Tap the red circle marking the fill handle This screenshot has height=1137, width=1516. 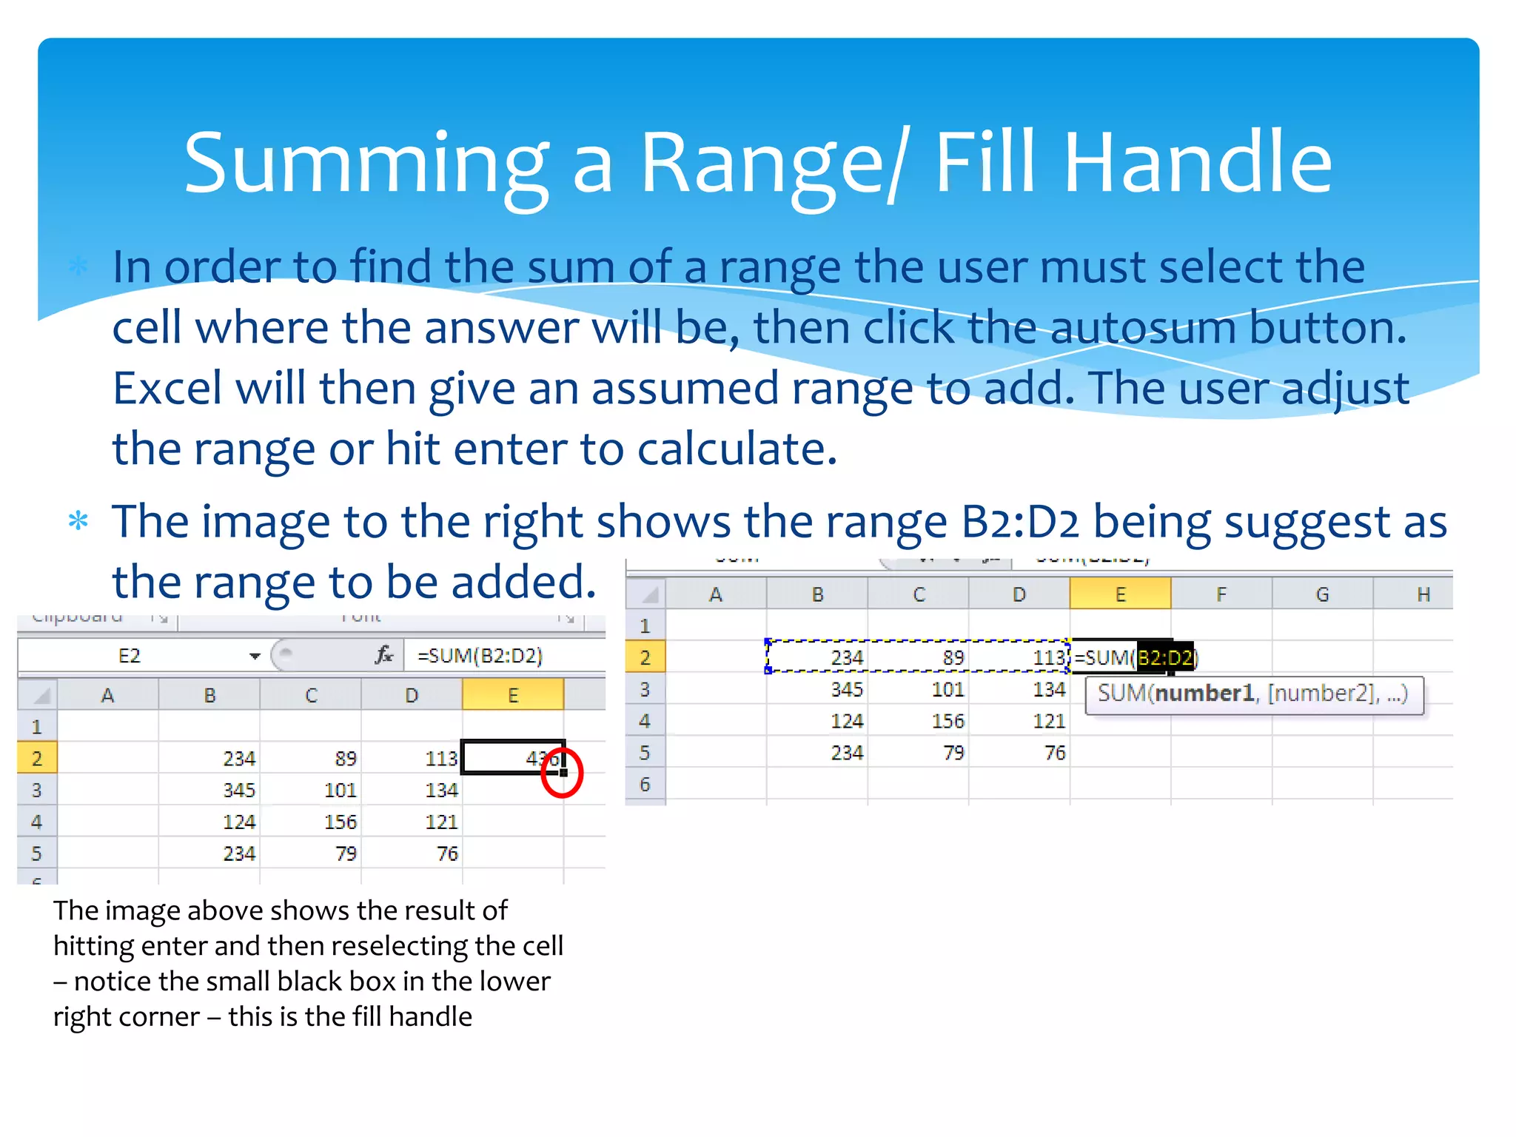pyautogui.click(x=562, y=773)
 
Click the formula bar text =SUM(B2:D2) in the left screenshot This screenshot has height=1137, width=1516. pyautogui.click(x=480, y=656)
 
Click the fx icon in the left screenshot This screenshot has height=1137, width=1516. pyautogui.click(x=384, y=655)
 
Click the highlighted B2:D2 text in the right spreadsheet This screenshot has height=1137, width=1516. pyautogui.click(x=1164, y=657)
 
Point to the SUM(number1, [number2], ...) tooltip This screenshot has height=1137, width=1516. pyautogui.click(x=1253, y=694)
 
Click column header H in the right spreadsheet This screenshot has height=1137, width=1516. pyautogui.click(x=1423, y=594)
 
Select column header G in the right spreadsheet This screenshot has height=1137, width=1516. pyautogui.click(x=1322, y=594)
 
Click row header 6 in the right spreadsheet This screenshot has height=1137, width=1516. pyautogui.click(x=645, y=785)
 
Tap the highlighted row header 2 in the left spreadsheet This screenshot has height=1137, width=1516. pyautogui.click(x=37, y=759)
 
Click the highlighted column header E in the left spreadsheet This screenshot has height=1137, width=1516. pyautogui.click(x=513, y=696)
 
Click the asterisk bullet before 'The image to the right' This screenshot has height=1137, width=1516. pyautogui.click(x=78, y=522)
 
